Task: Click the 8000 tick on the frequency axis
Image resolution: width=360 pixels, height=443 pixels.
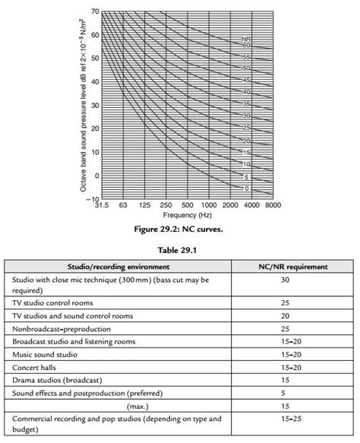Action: pyautogui.click(x=274, y=205)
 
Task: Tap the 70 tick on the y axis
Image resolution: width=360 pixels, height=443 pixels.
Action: pyautogui.click(x=94, y=12)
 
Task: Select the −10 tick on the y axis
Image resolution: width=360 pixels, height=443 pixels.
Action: pyautogui.click(x=92, y=199)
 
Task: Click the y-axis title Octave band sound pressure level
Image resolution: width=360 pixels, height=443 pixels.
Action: pyautogui.click(x=76, y=106)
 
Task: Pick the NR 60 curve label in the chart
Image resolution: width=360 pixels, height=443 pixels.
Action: pyautogui.click(x=247, y=46)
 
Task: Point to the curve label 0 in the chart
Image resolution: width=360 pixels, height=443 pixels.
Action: pyautogui.click(x=247, y=187)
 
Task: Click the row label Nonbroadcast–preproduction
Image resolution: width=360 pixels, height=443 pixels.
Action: pyautogui.click(x=62, y=328)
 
